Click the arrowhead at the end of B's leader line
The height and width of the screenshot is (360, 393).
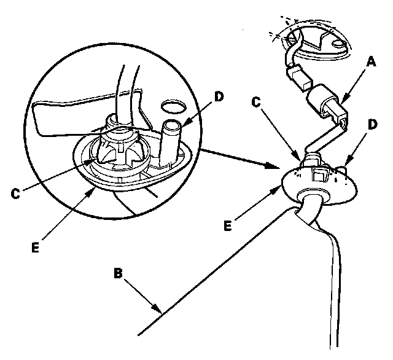tap(161, 312)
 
